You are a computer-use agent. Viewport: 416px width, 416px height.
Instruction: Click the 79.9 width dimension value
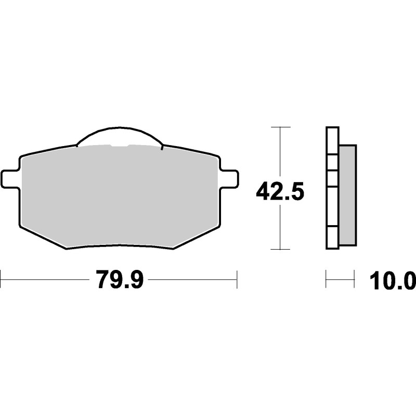[x=119, y=280]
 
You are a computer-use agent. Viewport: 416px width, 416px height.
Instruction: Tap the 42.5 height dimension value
[x=279, y=192]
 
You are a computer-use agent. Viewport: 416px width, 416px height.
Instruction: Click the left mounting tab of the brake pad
[x=10, y=179]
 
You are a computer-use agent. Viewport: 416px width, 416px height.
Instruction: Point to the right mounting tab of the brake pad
[x=229, y=179]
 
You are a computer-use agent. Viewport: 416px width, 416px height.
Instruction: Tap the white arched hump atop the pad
[x=120, y=136]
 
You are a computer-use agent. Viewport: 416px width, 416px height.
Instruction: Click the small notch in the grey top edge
[x=120, y=146]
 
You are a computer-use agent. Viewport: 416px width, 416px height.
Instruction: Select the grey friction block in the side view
[x=347, y=195]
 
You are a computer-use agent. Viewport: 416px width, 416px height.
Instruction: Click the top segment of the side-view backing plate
[x=332, y=140]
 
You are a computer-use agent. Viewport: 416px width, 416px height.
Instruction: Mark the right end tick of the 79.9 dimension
[x=237, y=279]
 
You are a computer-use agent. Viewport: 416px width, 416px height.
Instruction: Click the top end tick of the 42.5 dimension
[x=280, y=127]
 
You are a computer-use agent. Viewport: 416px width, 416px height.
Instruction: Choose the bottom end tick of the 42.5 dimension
[x=280, y=250]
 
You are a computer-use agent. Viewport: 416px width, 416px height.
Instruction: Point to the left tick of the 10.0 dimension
[x=326, y=279]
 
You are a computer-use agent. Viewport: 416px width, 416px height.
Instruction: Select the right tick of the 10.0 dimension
[x=354, y=279]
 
